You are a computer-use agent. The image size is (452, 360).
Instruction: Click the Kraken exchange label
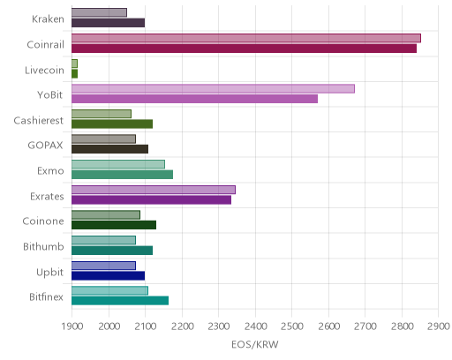(48, 19)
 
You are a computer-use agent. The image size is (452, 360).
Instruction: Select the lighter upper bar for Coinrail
(246, 38)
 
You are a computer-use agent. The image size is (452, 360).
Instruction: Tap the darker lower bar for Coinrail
(244, 49)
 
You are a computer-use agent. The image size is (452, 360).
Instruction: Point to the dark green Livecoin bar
(75, 74)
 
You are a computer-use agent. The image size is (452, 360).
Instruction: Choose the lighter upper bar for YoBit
(213, 88)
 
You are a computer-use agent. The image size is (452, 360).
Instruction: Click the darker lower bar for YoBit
(194, 99)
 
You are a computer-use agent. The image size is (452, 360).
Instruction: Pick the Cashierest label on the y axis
(39, 121)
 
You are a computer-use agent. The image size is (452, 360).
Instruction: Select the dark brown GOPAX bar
(109, 149)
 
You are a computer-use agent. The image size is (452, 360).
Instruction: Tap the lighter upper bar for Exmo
(118, 164)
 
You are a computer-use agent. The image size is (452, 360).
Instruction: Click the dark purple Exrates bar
(151, 200)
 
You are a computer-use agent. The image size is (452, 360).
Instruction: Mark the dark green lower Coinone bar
(114, 225)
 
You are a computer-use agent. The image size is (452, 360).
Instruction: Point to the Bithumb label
(43, 246)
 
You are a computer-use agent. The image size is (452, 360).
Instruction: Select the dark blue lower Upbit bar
(108, 275)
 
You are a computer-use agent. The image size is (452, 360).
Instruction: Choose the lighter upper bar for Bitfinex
(109, 290)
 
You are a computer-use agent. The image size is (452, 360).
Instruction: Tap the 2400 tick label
(255, 326)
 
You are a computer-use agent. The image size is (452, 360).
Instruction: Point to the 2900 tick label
(439, 326)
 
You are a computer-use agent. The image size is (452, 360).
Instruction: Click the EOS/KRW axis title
(255, 344)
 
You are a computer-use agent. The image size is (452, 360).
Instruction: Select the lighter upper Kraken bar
(99, 12)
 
